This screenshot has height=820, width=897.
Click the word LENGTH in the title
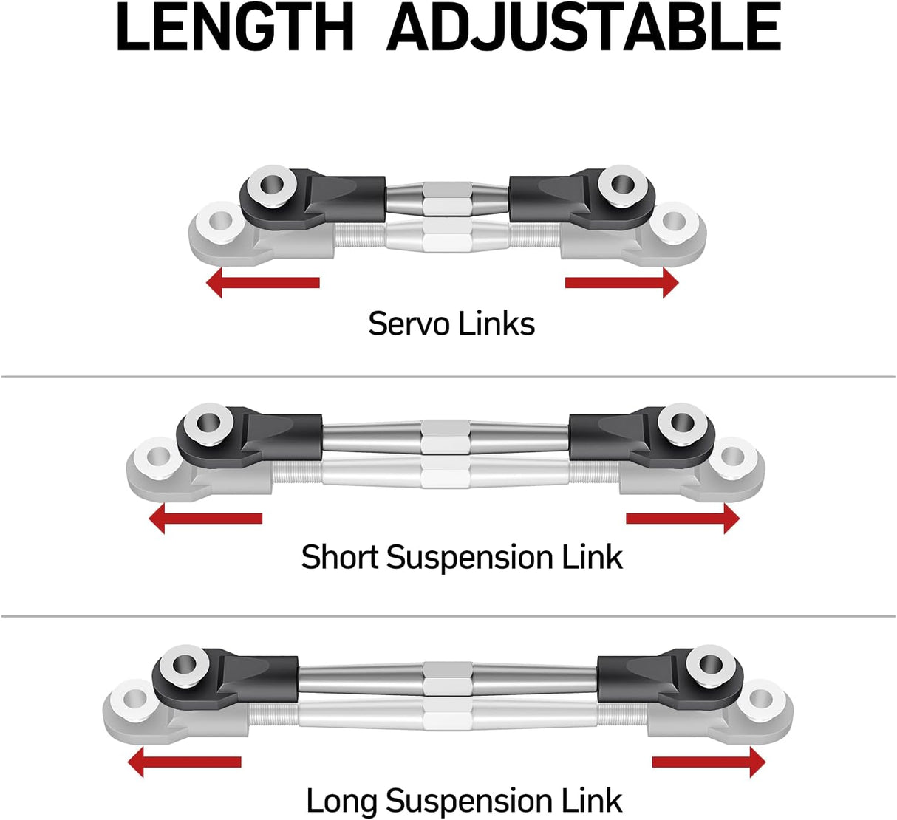235,28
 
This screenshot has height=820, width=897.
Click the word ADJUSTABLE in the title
584,28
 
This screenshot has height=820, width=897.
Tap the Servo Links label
451,324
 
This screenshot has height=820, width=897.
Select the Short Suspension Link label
462,557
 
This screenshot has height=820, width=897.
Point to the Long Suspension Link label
464,801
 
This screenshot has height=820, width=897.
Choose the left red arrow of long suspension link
185,762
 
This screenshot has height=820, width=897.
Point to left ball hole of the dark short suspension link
206,423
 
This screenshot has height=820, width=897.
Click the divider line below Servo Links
448,377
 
